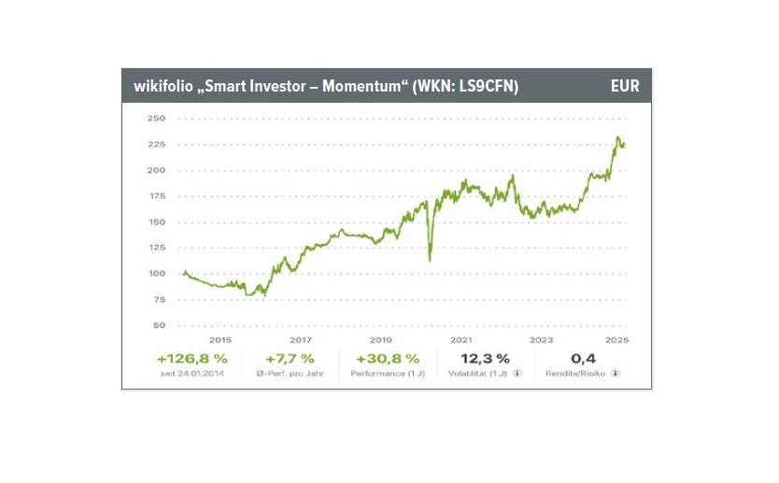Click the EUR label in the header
[625, 86]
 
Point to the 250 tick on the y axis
[157, 119]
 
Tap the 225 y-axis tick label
[157, 145]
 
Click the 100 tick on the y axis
[157, 274]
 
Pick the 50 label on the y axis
[160, 325]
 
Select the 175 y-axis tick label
[157, 196]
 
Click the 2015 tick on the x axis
[221, 340]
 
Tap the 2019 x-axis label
[380, 340]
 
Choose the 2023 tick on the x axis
[539, 340]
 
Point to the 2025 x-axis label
[617, 340]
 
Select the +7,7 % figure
[290, 358]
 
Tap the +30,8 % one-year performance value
[381, 358]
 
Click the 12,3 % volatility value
[485, 358]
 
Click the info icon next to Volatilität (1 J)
[517, 373]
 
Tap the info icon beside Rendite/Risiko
[616, 373]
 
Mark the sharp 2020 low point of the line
[430, 260]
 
